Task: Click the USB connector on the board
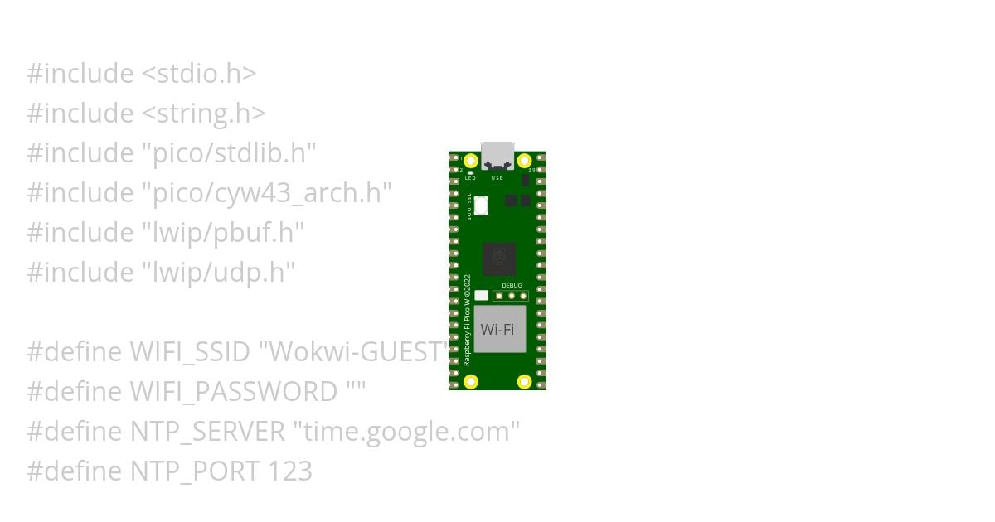pyautogui.click(x=498, y=155)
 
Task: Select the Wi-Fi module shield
pyautogui.click(x=498, y=329)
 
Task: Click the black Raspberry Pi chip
pyautogui.click(x=499, y=259)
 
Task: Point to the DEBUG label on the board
pyautogui.click(x=512, y=285)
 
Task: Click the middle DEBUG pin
pyautogui.click(x=512, y=295)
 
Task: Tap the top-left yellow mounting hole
pyautogui.click(x=471, y=161)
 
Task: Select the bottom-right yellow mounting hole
pyautogui.click(x=524, y=381)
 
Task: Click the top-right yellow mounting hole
pyautogui.click(x=524, y=161)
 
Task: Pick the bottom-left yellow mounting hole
pyautogui.click(x=471, y=381)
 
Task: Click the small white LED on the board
pyautogui.click(x=471, y=173)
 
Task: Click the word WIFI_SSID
pyautogui.click(x=190, y=352)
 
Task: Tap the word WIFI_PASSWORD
pyautogui.click(x=234, y=392)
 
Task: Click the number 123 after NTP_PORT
pyautogui.click(x=290, y=471)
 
